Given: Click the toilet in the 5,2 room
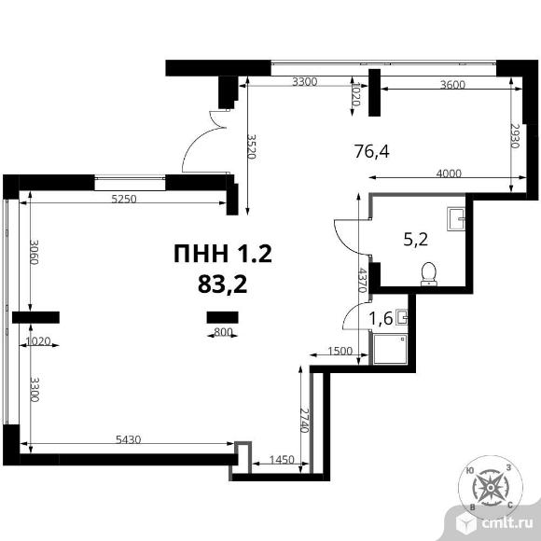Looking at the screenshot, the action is point(429,274).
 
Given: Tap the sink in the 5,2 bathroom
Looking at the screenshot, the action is point(456,219).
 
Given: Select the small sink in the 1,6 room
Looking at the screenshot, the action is point(402,316).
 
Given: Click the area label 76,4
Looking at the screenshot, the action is point(371,151).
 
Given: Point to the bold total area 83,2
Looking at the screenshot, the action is point(223,284).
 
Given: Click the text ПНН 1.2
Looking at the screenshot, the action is point(223,254).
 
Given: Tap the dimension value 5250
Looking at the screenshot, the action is point(124,199).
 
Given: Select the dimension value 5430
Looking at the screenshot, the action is point(129,439).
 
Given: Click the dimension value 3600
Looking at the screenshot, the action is point(452,85).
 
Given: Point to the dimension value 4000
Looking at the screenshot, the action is point(449,173).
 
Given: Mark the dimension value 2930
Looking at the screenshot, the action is point(515,136).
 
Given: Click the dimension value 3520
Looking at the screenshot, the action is point(251,146).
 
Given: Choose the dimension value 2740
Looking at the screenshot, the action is point(304,421).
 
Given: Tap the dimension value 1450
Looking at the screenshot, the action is point(282,460).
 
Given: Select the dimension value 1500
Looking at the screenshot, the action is point(340,352).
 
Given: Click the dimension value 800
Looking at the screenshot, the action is point(223,332).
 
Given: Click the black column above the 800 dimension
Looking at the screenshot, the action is point(223,317).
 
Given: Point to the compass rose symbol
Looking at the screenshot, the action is point(491,487).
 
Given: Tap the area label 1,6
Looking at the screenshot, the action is point(381,318).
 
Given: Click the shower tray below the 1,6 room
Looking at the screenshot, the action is point(390,349).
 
